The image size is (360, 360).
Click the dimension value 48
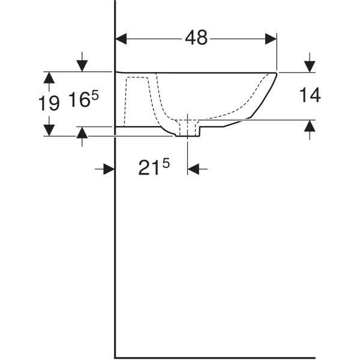(196, 38)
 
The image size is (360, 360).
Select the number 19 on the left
(49, 103)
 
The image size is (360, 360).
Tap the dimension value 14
(310, 95)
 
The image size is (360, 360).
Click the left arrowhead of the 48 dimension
(121, 38)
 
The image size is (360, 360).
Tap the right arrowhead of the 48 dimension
(271, 38)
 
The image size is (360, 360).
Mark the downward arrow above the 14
(310, 64)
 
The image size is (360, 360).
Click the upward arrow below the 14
(310, 127)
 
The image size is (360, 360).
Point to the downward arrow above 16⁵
(82, 64)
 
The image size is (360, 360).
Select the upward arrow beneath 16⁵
(82, 134)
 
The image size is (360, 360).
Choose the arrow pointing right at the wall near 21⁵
(108, 169)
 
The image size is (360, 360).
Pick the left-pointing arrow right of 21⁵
(194, 169)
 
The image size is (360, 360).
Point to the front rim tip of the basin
(276, 73)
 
